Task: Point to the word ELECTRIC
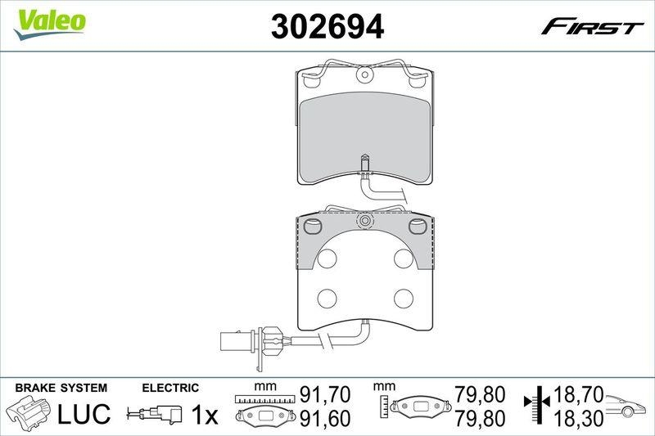click(170, 388)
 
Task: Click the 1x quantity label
click(204, 416)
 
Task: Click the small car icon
click(626, 406)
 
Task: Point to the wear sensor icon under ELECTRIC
click(155, 415)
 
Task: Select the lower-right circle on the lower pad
click(403, 298)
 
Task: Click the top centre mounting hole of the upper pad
click(364, 76)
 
